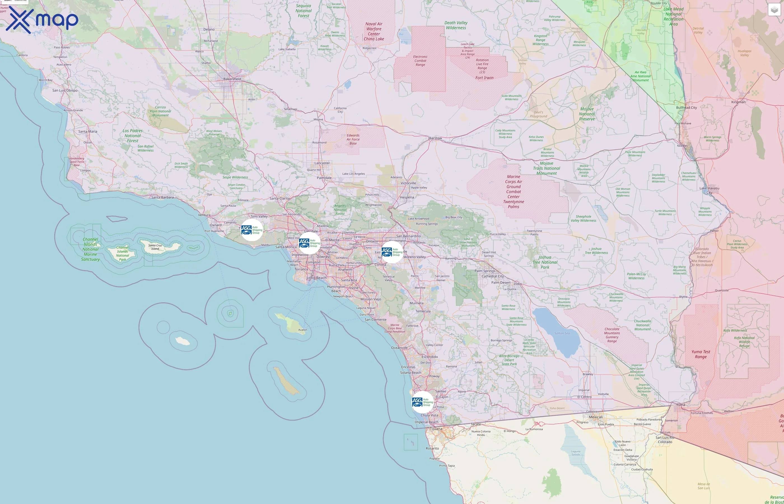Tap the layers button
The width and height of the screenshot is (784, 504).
coord(774,10)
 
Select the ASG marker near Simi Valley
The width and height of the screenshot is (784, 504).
coord(252,230)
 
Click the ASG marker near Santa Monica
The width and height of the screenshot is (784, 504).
coord(309,243)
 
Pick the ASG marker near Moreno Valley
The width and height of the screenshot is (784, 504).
coord(392,252)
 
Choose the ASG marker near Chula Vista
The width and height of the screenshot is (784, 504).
coord(423,402)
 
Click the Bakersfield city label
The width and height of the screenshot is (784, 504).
coord(232,79)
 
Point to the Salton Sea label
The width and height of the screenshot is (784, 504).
coord(562,333)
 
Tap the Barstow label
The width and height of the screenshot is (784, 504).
coord(435,138)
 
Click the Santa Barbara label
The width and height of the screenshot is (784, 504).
coord(162,197)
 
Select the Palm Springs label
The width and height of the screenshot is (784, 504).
coord(485,271)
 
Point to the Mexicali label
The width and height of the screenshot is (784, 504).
coord(596,417)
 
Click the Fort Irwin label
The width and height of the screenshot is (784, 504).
coord(484,78)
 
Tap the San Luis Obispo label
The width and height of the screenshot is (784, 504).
coord(65,90)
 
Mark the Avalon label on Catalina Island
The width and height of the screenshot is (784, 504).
coord(302,330)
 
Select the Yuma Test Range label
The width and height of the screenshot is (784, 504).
coord(701,354)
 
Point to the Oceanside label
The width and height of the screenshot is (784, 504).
coord(399,347)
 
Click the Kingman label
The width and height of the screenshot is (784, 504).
coord(738,102)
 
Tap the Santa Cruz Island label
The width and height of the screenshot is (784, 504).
coord(155,247)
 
